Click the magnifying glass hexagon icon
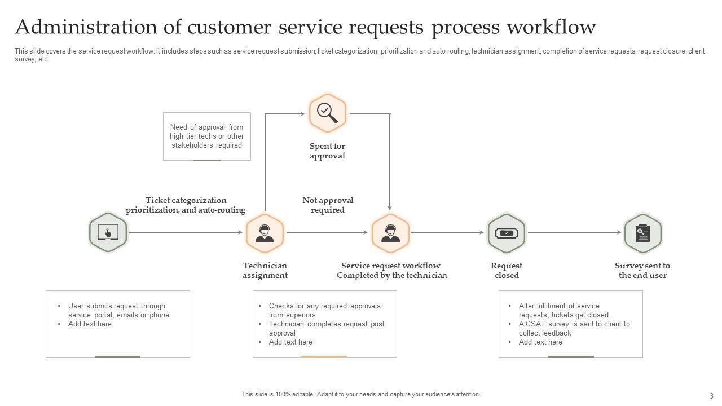pyautogui.click(x=327, y=113)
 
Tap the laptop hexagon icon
pyautogui.click(x=108, y=232)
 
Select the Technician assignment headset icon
pyautogui.click(x=265, y=233)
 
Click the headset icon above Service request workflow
pyautogui.click(x=390, y=233)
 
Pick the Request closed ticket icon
pyautogui.click(x=506, y=233)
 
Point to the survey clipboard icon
pyautogui.click(x=642, y=233)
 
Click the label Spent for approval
pyautogui.click(x=327, y=151)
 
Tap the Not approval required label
pyautogui.click(x=328, y=205)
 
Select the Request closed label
pyautogui.click(x=507, y=271)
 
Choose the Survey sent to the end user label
pyautogui.click(x=642, y=271)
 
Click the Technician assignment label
pyautogui.click(x=265, y=271)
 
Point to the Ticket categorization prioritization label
pyautogui.click(x=186, y=205)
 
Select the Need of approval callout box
pyautogui.click(x=206, y=136)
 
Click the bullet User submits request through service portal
pyautogui.click(x=118, y=311)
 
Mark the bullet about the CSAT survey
pyautogui.click(x=574, y=329)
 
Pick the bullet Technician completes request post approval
pyautogui.click(x=326, y=329)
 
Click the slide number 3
pyautogui.click(x=711, y=396)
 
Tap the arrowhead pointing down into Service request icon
pyautogui.click(x=390, y=208)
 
